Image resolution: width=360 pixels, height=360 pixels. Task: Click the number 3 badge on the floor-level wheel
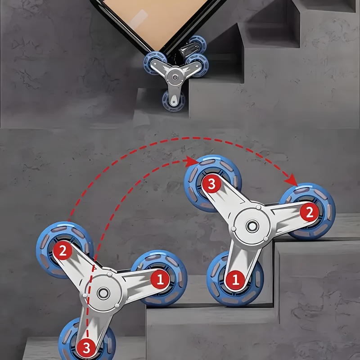pyautogui.click(x=86, y=348)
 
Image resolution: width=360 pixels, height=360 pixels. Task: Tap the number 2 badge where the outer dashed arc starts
pyautogui.click(x=63, y=250)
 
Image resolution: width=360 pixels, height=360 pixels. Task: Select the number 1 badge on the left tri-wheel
pyautogui.click(x=160, y=279)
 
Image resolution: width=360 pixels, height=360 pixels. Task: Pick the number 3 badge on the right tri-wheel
pyautogui.click(x=211, y=184)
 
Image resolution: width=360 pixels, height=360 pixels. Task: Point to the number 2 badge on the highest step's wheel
pyautogui.click(x=310, y=211)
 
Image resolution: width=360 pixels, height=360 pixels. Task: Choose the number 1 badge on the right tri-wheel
pyautogui.click(x=235, y=279)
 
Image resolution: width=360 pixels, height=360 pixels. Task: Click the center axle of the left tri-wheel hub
pyautogui.click(x=103, y=293)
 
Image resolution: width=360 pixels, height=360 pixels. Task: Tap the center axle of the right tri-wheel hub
pyautogui.click(x=252, y=226)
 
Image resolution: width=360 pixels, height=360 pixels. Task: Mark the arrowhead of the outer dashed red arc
pyautogui.click(x=292, y=180)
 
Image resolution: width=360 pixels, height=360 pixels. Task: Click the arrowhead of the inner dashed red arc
pyautogui.click(x=191, y=162)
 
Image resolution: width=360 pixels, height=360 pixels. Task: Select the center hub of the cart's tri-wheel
pyautogui.click(x=175, y=77)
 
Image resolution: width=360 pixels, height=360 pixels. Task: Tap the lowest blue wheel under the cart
pyautogui.click(x=173, y=101)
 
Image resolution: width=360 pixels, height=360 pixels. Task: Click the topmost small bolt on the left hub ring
pyautogui.click(x=109, y=274)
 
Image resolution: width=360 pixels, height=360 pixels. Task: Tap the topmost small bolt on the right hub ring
pyautogui.click(x=258, y=207)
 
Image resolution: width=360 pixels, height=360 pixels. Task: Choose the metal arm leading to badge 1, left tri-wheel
pyautogui.click(x=138, y=282)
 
